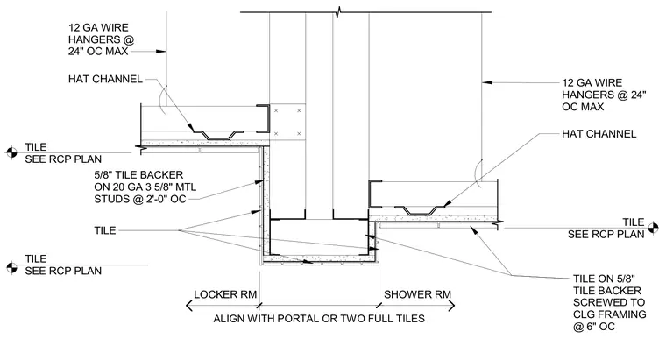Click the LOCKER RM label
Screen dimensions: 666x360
click(x=225, y=294)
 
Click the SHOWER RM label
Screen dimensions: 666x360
click(x=417, y=294)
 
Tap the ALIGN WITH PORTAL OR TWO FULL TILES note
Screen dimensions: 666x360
click(x=319, y=319)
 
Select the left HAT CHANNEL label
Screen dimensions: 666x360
click(x=105, y=79)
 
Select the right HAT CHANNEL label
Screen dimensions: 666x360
click(x=599, y=134)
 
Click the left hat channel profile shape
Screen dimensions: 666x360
click(x=218, y=135)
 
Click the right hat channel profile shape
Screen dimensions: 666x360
click(x=420, y=210)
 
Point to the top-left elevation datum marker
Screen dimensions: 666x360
click(x=11, y=152)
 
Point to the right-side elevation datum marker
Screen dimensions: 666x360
click(x=653, y=228)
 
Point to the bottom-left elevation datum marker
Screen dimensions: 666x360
click(x=11, y=267)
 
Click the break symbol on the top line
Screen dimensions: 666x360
click(x=338, y=12)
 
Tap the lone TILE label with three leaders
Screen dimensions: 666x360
click(x=105, y=230)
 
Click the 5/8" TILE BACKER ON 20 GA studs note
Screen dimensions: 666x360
click(x=145, y=187)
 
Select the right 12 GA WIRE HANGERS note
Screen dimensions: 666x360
click(x=604, y=95)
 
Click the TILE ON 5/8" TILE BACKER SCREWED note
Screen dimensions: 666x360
click(x=610, y=302)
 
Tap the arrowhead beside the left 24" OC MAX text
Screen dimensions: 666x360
click(x=160, y=52)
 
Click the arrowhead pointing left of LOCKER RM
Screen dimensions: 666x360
click(x=189, y=305)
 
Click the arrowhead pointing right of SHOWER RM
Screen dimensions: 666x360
click(x=451, y=305)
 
